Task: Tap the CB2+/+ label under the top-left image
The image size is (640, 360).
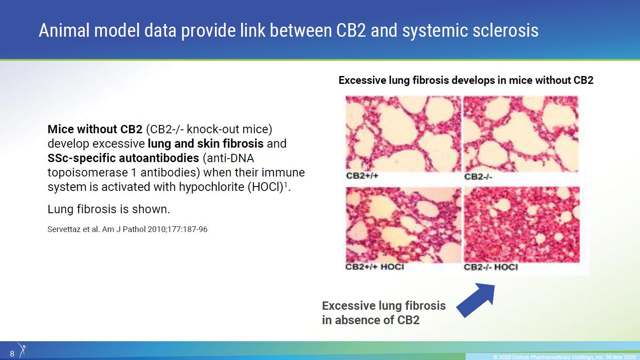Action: pyautogui.click(x=362, y=176)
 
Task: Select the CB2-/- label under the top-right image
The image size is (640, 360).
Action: pyautogui.click(x=478, y=177)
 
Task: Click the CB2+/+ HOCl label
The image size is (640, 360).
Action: pyautogui.click(x=374, y=267)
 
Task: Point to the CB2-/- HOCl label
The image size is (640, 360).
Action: pyautogui.click(x=491, y=267)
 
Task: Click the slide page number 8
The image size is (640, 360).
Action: pyautogui.click(x=12, y=354)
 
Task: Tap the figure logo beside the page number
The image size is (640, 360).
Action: pyautogui.click(x=22, y=350)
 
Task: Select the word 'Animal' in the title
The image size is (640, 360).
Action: pyautogui.click(x=64, y=30)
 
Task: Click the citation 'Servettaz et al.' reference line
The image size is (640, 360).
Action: pyautogui.click(x=128, y=229)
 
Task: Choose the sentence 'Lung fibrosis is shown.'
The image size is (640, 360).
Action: pyautogui.click(x=109, y=209)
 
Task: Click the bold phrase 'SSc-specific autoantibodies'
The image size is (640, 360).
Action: pyautogui.click(x=123, y=158)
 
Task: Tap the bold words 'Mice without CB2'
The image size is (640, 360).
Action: pyautogui.click(x=95, y=129)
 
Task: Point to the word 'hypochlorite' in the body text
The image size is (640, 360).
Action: pyautogui.click(x=212, y=187)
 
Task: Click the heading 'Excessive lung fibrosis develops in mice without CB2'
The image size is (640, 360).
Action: pyautogui.click(x=466, y=80)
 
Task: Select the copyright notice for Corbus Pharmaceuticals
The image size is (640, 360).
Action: pyautogui.click(x=564, y=357)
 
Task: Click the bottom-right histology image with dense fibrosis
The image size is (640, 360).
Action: pyautogui.click(x=522, y=225)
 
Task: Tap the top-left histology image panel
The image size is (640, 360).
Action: pyautogui.click(x=403, y=134)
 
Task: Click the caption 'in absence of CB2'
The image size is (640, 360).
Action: pyautogui.click(x=370, y=320)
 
